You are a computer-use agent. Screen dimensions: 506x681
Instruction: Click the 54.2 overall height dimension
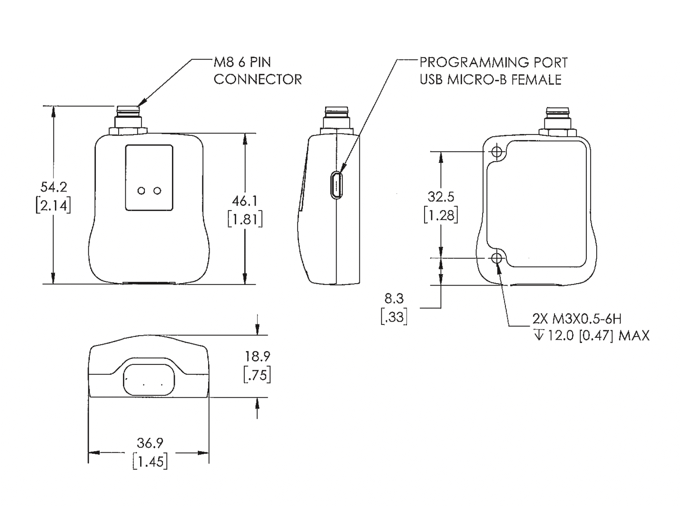(x=54, y=187)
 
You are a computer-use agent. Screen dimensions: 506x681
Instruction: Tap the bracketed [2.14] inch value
(x=54, y=206)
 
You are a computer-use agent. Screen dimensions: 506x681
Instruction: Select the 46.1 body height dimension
(x=245, y=201)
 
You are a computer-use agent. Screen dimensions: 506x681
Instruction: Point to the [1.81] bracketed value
(x=245, y=219)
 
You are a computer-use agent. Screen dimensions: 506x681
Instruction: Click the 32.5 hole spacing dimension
(x=441, y=197)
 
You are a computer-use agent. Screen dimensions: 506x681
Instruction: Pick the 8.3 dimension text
(x=394, y=299)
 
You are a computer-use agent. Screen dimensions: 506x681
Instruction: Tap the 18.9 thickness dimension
(x=257, y=357)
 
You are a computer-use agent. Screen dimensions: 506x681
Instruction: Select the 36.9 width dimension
(x=150, y=443)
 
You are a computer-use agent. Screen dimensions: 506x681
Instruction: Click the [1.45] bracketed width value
(x=150, y=461)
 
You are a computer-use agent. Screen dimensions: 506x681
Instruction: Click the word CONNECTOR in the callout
(x=258, y=80)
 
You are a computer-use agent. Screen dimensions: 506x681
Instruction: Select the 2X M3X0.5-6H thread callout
(x=577, y=319)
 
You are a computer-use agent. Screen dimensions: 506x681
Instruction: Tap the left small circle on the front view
(x=141, y=191)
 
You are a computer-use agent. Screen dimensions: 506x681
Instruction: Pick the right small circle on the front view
(x=157, y=191)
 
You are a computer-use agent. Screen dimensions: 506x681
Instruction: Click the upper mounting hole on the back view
(x=497, y=151)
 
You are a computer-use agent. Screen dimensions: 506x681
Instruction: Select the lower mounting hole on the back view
(x=497, y=258)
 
